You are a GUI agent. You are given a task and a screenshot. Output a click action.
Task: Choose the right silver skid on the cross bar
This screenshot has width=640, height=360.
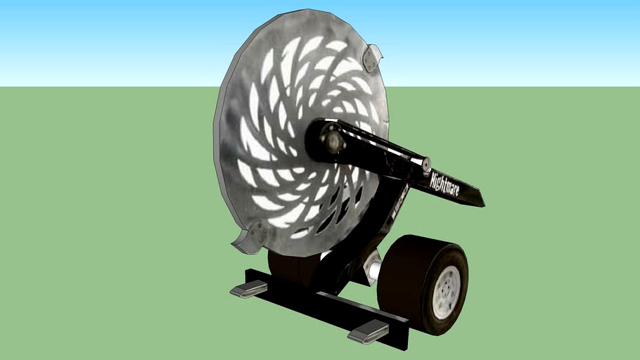[368, 330]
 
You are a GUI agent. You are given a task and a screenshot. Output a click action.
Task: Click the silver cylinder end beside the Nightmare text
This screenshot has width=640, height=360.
[424, 165]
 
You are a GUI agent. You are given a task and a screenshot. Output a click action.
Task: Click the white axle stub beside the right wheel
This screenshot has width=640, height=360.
[373, 267]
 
